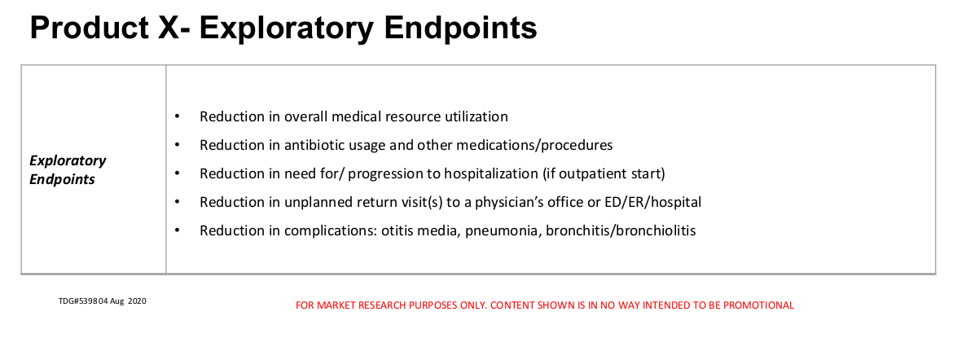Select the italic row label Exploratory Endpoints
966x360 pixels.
(68, 169)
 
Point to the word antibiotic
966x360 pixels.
(312, 146)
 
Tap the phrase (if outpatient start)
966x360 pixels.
(604, 173)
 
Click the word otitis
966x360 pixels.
(397, 231)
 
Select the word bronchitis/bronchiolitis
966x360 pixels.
(621, 231)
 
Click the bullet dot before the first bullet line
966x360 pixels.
(178, 116)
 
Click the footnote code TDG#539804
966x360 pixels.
(83, 301)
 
